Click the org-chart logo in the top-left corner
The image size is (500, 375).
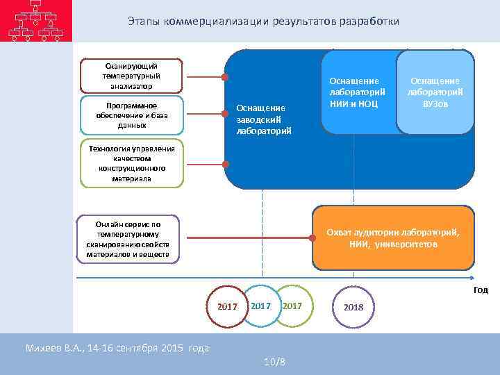tap(35, 21)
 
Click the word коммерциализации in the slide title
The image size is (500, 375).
tap(212, 22)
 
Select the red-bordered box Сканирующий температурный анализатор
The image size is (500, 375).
tap(130, 75)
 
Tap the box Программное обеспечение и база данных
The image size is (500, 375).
tap(132, 115)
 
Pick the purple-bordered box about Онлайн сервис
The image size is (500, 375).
tap(128, 239)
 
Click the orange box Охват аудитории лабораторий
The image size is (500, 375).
tap(393, 238)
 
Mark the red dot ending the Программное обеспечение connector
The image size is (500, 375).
tap(225, 115)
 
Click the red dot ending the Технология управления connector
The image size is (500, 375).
tap(225, 165)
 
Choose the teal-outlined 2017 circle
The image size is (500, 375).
tap(260, 305)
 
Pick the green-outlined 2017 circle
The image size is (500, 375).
tap(293, 305)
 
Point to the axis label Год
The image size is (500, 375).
tap(481, 290)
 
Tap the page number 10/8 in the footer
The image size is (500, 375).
tap(274, 361)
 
